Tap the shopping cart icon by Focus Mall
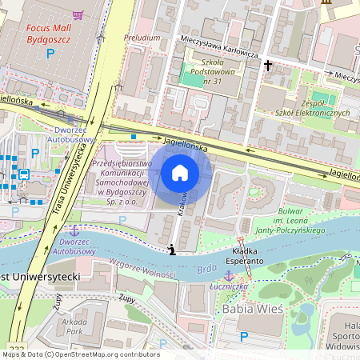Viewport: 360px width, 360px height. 78,14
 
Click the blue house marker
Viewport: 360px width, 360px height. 180,172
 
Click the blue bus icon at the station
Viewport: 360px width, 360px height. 24,174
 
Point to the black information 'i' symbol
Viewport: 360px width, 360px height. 172,250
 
